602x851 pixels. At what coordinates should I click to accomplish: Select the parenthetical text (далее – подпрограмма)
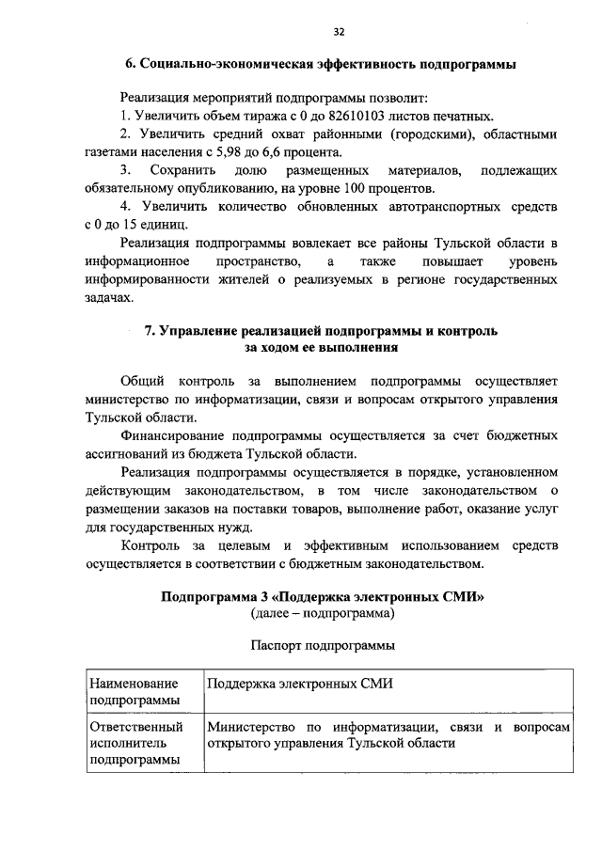point(323,613)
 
